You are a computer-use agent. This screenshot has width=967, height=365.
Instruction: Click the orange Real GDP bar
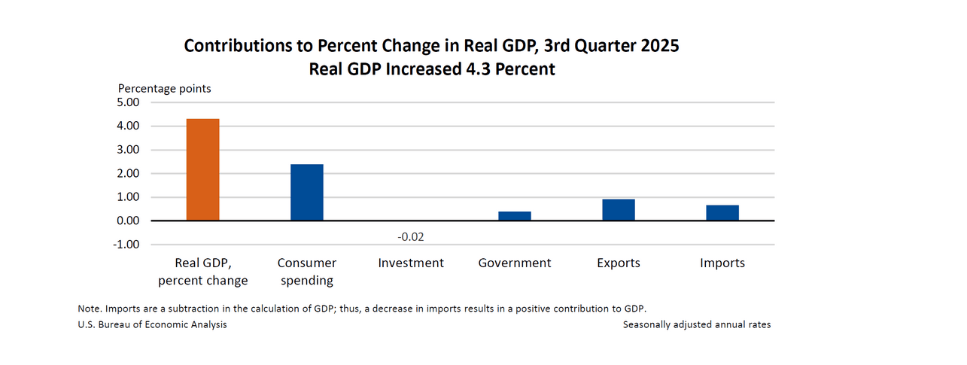(x=203, y=169)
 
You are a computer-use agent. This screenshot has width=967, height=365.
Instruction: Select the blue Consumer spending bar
(x=307, y=192)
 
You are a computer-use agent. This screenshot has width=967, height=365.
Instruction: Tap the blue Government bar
(x=515, y=216)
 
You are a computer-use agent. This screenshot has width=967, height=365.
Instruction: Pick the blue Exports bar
(x=619, y=210)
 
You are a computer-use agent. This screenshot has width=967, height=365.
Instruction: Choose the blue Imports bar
(x=722, y=213)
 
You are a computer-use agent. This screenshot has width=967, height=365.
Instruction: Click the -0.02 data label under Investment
(x=411, y=237)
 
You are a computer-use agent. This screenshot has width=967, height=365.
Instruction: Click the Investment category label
(x=411, y=263)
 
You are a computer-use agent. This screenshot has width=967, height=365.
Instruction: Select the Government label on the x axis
(x=515, y=263)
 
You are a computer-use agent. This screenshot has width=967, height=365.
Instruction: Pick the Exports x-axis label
(x=619, y=263)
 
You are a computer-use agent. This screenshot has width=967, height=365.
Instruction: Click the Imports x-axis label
(x=722, y=263)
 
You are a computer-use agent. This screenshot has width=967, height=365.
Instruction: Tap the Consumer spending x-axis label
(x=307, y=272)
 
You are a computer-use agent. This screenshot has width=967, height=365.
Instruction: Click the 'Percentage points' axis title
(x=164, y=89)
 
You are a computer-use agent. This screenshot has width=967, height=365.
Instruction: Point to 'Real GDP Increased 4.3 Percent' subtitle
(x=432, y=69)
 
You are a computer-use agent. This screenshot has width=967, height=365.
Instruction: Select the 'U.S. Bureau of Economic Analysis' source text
(x=152, y=324)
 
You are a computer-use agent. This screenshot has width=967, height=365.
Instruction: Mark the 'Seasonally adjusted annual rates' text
(x=697, y=324)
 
